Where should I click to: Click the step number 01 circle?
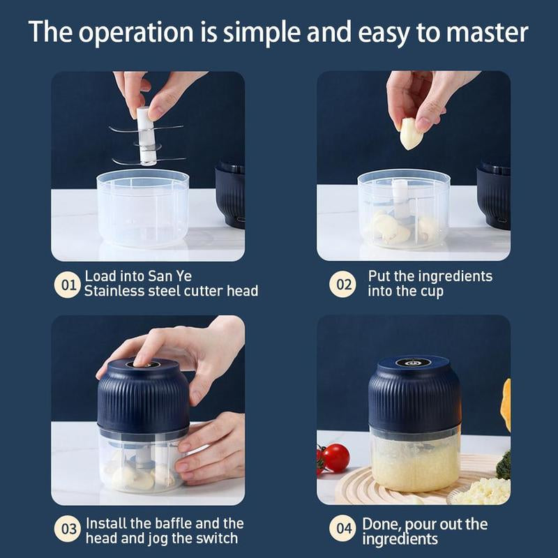coord(68,285)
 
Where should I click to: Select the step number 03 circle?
coord(68,529)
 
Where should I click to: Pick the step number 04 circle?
coord(342,529)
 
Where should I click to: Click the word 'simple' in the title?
coord(254,33)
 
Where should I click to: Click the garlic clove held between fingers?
coord(411,133)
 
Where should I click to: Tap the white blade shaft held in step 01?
coord(146,136)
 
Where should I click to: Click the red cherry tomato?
coord(335,458)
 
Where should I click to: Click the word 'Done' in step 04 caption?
coord(379,523)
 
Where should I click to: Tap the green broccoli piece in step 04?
coord(504,465)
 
